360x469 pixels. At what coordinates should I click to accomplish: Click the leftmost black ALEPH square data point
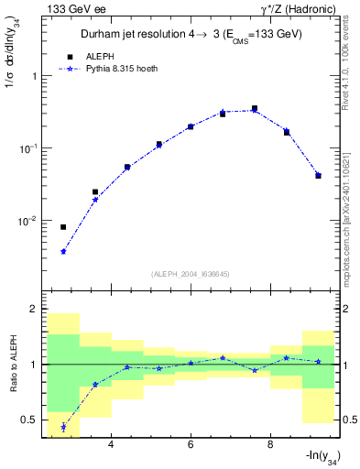63,227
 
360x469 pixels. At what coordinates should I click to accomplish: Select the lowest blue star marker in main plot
63,251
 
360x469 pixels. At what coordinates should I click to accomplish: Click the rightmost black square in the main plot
318,175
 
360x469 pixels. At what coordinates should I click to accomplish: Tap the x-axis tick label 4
111,445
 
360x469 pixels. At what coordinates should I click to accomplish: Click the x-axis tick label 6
191,445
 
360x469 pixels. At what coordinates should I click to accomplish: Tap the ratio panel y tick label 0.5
31,420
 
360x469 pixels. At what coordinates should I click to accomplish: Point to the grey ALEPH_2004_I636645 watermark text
190,273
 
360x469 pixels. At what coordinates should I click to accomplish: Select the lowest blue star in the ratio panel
63,427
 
